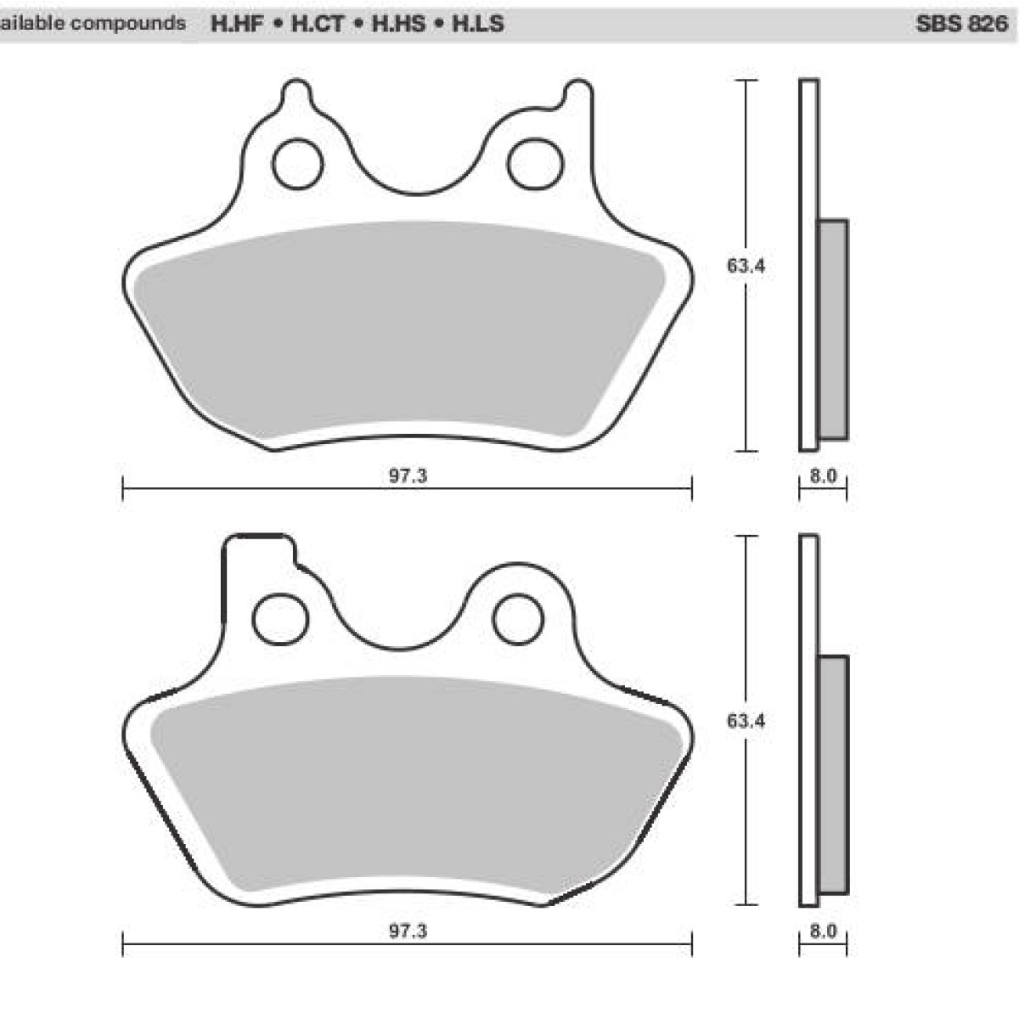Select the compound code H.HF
tap(236, 24)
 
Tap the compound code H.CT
tap(318, 24)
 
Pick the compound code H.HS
tap(398, 24)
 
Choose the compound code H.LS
tap(477, 24)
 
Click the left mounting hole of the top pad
tap(297, 163)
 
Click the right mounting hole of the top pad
tap(534, 163)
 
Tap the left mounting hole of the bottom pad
tap(282, 618)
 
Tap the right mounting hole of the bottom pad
tap(518, 618)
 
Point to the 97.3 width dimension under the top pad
tap(408, 476)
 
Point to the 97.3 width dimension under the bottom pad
tap(408, 932)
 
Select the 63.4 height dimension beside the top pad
tap(746, 266)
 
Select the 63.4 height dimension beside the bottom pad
tap(746, 721)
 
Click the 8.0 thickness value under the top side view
tap(823, 476)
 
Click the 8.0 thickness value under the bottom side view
tap(823, 932)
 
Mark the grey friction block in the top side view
tap(832, 329)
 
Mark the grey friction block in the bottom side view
tap(832, 774)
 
